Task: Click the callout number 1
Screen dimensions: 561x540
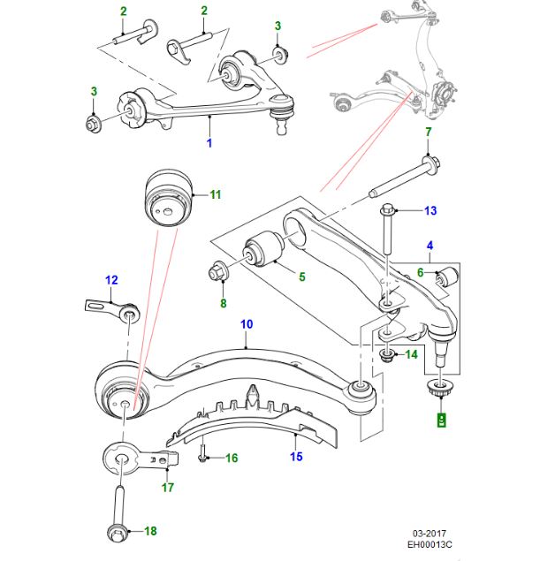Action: [x=209, y=142]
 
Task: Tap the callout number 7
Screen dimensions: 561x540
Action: [x=428, y=133]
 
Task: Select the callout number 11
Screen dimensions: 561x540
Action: [x=216, y=194]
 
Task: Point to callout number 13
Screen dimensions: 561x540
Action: [x=430, y=210]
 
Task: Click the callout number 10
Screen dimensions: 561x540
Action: [x=247, y=325]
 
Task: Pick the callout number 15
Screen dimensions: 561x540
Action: [x=297, y=457]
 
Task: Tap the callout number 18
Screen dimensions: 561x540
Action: [x=149, y=531]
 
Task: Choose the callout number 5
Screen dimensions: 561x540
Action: [x=301, y=277]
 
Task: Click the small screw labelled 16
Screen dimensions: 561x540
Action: [x=203, y=458]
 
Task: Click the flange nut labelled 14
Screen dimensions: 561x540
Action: [x=386, y=356]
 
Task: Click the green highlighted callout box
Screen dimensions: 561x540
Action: [x=443, y=420]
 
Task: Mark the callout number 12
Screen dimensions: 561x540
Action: [x=112, y=281]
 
